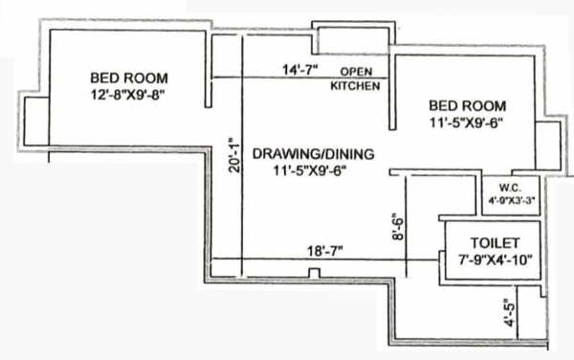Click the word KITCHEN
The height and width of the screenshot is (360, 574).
click(356, 85)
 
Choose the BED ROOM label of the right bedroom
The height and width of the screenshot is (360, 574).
click(465, 105)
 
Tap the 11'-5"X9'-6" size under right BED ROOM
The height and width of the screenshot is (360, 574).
click(467, 122)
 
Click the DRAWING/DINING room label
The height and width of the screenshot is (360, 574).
click(313, 154)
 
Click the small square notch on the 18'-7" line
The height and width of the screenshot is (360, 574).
click(313, 274)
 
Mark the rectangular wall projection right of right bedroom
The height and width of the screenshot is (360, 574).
click(548, 146)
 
